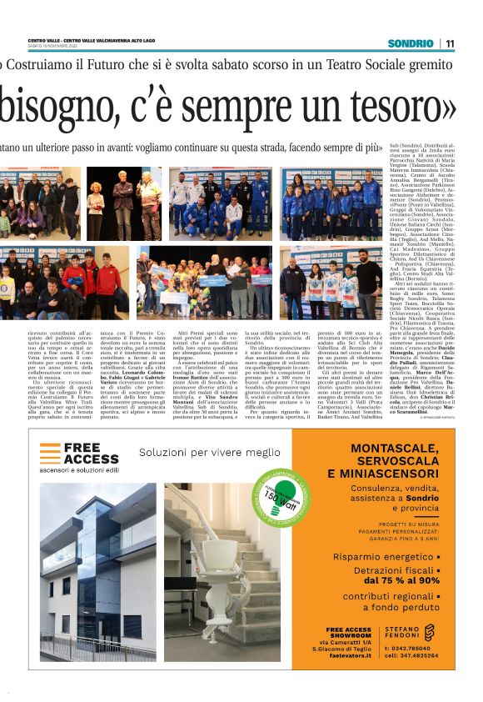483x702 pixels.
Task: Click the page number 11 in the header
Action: coord(449,43)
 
